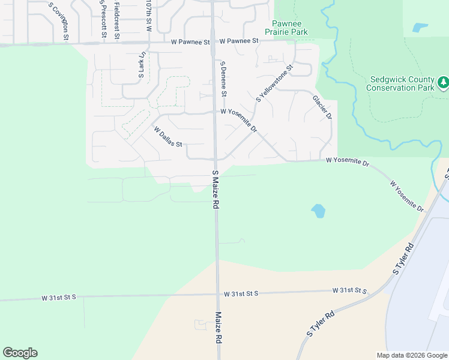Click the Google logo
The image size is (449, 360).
[x=20, y=353]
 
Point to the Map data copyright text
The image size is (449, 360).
[x=411, y=355]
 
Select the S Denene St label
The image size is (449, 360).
[x=223, y=79]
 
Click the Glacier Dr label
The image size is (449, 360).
[x=322, y=106]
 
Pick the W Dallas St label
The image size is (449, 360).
[x=167, y=136]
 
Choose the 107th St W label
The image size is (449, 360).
[x=148, y=15]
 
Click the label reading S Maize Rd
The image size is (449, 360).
[x=215, y=189]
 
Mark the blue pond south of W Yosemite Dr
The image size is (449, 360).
[x=318, y=211]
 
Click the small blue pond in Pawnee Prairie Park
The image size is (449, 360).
[x=420, y=28]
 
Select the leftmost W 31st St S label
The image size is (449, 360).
[x=58, y=298]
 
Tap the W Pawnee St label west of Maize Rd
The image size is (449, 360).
[x=190, y=43]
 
